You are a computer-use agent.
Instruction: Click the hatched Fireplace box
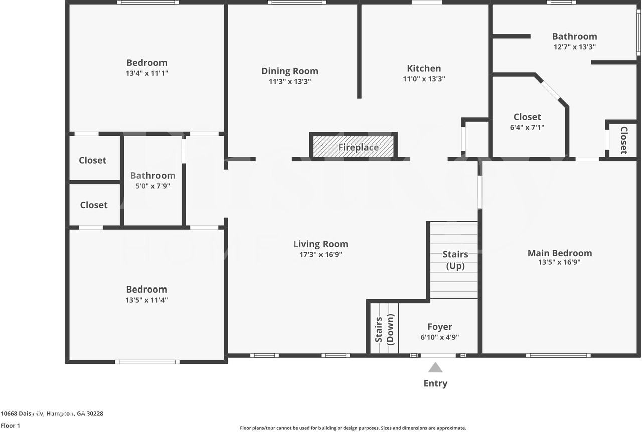(x=354, y=146)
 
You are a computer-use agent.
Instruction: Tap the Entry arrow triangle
(x=435, y=368)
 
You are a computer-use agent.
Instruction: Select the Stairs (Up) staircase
(x=454, y=260)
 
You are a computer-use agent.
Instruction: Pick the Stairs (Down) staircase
(x=385, y=329)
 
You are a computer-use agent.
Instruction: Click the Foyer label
(x=440, y=327)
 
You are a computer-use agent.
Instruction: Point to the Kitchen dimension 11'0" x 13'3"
(x=424, y=79)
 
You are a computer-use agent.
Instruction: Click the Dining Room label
(x=290, y=71)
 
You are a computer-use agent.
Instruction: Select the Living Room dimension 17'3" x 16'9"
(x=320, y=254)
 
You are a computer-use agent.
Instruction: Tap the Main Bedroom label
(x=559, y=253)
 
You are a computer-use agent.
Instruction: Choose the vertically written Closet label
(x=624, y=140)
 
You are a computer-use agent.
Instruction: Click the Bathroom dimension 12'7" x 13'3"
(x=574, y=47)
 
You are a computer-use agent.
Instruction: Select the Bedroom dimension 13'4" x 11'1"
(x=146, y=73)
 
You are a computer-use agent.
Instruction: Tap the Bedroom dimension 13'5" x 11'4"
(x=146, y=300)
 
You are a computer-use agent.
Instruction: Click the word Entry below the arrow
(x=435, y=383)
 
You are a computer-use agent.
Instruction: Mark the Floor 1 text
(x=10, y=425)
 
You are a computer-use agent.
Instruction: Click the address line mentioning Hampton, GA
(x=52, y=414)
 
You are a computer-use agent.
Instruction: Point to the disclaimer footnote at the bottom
(x=353, y=428)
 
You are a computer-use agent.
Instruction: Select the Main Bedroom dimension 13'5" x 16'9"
(x=559, y=262)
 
